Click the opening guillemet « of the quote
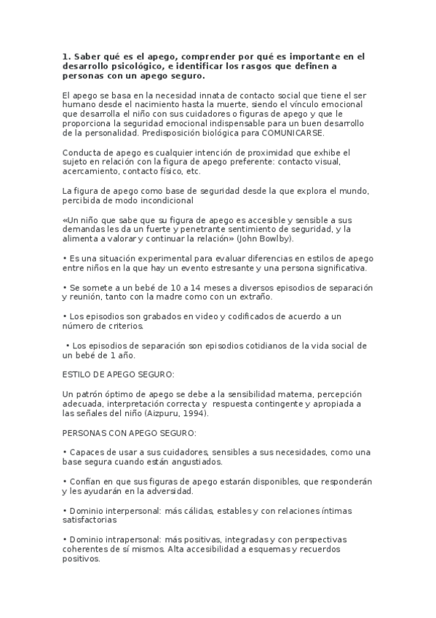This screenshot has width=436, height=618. click(x=66, y=219)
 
